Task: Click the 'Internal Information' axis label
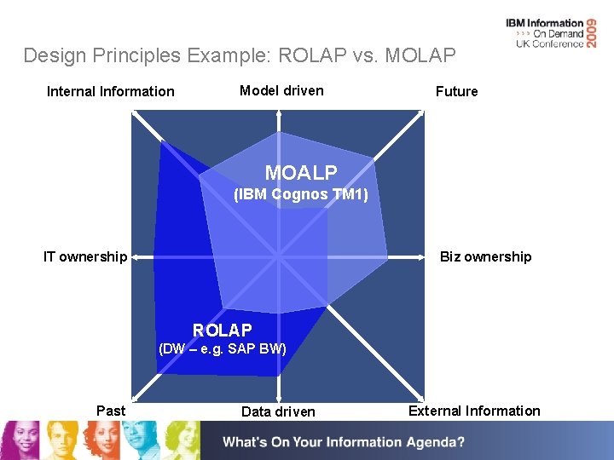[x=110, y=91]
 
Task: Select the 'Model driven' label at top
[x=281, y=90]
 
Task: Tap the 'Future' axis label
[x=456, y=91]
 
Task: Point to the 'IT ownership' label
[x=85, y=256]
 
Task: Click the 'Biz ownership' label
[x=485, y=256]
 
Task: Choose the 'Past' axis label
[x=111, y=411]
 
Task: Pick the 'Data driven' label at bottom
[x=278, y=411]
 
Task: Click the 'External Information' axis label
[x=474, y=411]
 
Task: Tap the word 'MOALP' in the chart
[x=301, y=173]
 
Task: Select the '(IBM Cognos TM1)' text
[x=301, y=194]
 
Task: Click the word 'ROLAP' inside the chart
[x=223, y=330]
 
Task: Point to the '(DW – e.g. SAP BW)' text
[x=223, y=348]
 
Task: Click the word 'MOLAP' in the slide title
[x=420, y=56]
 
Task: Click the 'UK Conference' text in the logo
[x=550, y=43]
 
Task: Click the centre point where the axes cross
[x=277, y=255]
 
